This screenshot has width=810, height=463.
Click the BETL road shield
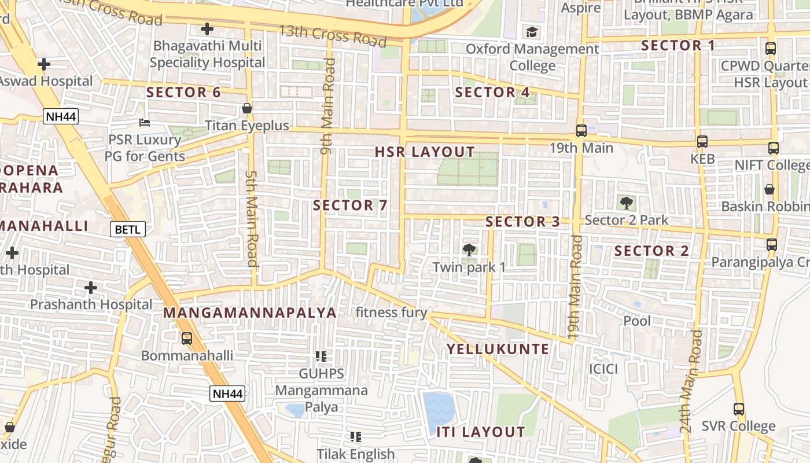[127, 229]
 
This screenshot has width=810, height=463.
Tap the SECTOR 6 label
[183, 92]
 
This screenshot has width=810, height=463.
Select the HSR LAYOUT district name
[425, 152]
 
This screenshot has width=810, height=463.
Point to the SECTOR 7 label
[350, 205]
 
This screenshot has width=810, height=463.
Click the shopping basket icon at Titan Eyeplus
[247, 108]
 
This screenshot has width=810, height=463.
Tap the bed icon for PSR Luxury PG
[145, 122]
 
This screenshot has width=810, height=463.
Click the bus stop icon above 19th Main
[581, 131]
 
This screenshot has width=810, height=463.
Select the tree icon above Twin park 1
[469, 250]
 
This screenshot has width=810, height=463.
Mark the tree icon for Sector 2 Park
[626, 203]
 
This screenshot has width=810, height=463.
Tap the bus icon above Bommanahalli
[187, 339]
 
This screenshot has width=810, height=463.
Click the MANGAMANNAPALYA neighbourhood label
[249, 313]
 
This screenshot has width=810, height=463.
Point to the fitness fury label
[391, 313]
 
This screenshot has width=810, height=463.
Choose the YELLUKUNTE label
[498, 349]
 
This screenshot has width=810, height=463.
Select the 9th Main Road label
[328, 106]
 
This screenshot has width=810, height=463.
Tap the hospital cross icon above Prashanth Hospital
[91, 288]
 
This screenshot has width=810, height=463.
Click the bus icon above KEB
[702, 141]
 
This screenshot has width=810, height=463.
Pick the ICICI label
[603, 369]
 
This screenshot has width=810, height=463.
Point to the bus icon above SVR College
[738, 409]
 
